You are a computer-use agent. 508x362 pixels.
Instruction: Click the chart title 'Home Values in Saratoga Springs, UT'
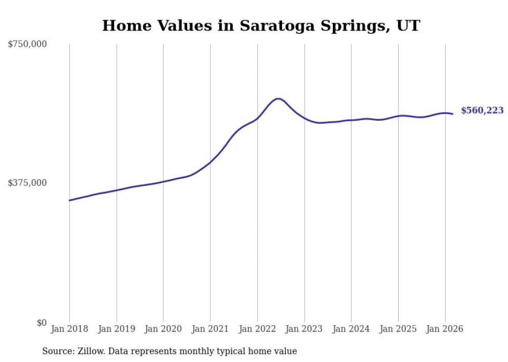coord(261,26)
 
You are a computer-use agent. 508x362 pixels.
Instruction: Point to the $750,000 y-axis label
coord(27,45)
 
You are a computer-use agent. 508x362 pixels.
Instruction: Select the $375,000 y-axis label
coord(27,183)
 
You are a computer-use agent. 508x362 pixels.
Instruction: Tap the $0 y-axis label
coord(41,323)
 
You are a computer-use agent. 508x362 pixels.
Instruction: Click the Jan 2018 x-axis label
coord(69,329)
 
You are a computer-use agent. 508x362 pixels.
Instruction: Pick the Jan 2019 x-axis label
coord(117,329)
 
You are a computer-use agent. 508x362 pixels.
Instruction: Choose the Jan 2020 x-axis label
coord(163,329)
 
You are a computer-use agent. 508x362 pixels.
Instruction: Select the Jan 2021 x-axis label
coord(210,329)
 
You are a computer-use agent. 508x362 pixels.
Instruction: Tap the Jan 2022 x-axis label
coord(257,329)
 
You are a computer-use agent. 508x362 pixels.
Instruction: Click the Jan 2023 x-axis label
coord(304,329)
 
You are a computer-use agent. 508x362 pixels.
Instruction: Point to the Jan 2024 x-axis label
coord(351,329)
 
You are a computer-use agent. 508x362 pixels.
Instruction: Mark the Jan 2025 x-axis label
coord(398,329)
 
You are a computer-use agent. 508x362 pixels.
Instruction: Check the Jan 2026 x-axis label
coord(445,329)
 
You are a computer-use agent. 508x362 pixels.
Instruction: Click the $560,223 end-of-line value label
coord(482,110)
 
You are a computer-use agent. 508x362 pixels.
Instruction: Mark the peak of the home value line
coord(278,98)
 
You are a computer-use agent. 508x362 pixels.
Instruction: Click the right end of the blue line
coord(453,114)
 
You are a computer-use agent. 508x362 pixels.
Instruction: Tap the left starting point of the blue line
coord(69,200)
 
